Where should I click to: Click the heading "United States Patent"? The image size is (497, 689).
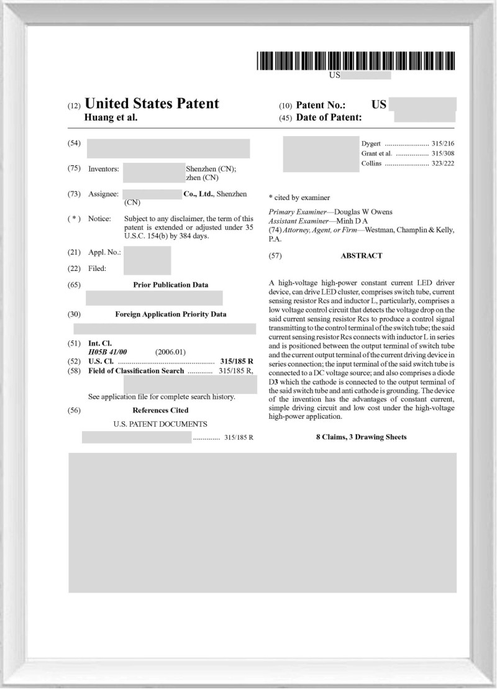151,104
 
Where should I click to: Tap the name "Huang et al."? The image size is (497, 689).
111,117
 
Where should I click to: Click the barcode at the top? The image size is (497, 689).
355,61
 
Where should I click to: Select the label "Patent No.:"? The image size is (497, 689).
321,105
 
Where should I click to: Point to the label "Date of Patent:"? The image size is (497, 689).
329,117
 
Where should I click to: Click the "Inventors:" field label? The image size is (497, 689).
103,169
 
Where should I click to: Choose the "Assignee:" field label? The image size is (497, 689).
103,194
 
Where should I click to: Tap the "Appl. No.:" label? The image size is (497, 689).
104,252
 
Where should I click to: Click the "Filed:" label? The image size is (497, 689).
98,268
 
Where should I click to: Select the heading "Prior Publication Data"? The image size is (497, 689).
171,285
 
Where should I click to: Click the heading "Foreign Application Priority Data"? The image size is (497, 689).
171,314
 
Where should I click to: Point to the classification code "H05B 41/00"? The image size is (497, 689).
107,352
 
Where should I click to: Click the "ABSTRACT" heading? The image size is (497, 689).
362,256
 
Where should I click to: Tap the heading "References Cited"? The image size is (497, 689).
160,411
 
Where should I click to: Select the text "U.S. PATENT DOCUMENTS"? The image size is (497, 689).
160,424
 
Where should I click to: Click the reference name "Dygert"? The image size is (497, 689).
372,144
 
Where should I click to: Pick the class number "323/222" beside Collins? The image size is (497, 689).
443,163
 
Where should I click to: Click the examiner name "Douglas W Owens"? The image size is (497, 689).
365,212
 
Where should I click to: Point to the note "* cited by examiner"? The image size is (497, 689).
299,198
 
